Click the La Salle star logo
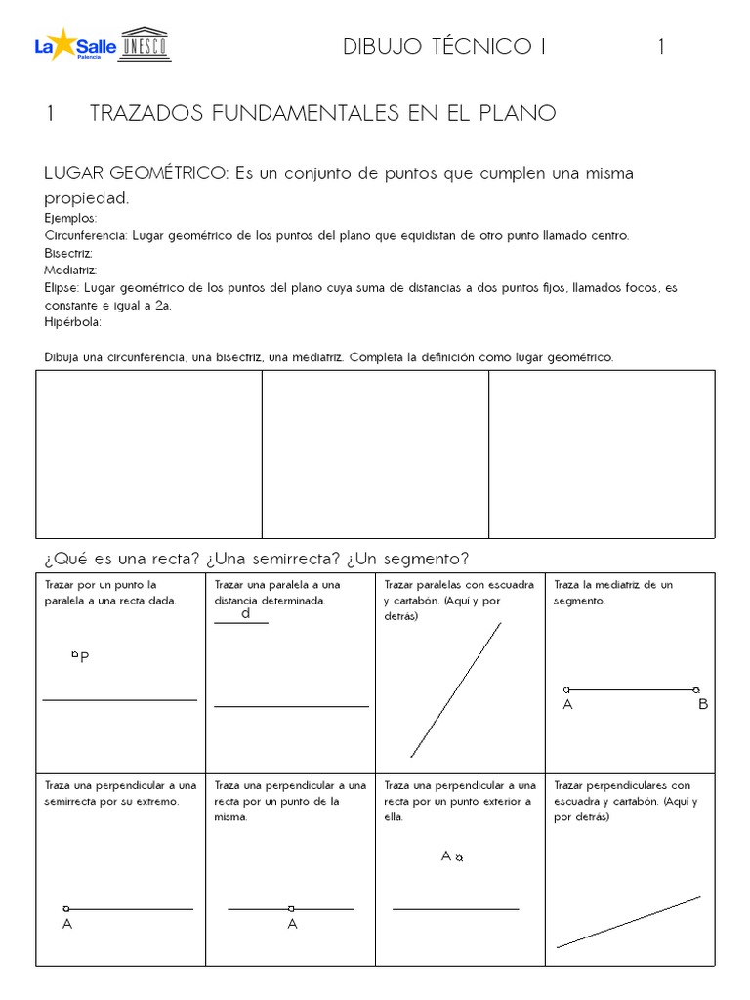63,44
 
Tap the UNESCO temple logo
144,44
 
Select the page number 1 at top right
661,47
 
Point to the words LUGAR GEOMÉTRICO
136,173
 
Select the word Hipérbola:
72,322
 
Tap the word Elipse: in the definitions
63,288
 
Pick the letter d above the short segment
246,614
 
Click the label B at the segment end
702,704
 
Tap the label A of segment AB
567,704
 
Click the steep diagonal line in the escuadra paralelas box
456,689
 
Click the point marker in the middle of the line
291,909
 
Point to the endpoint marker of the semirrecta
66,909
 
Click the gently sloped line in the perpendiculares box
628,922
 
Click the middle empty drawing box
375,453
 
